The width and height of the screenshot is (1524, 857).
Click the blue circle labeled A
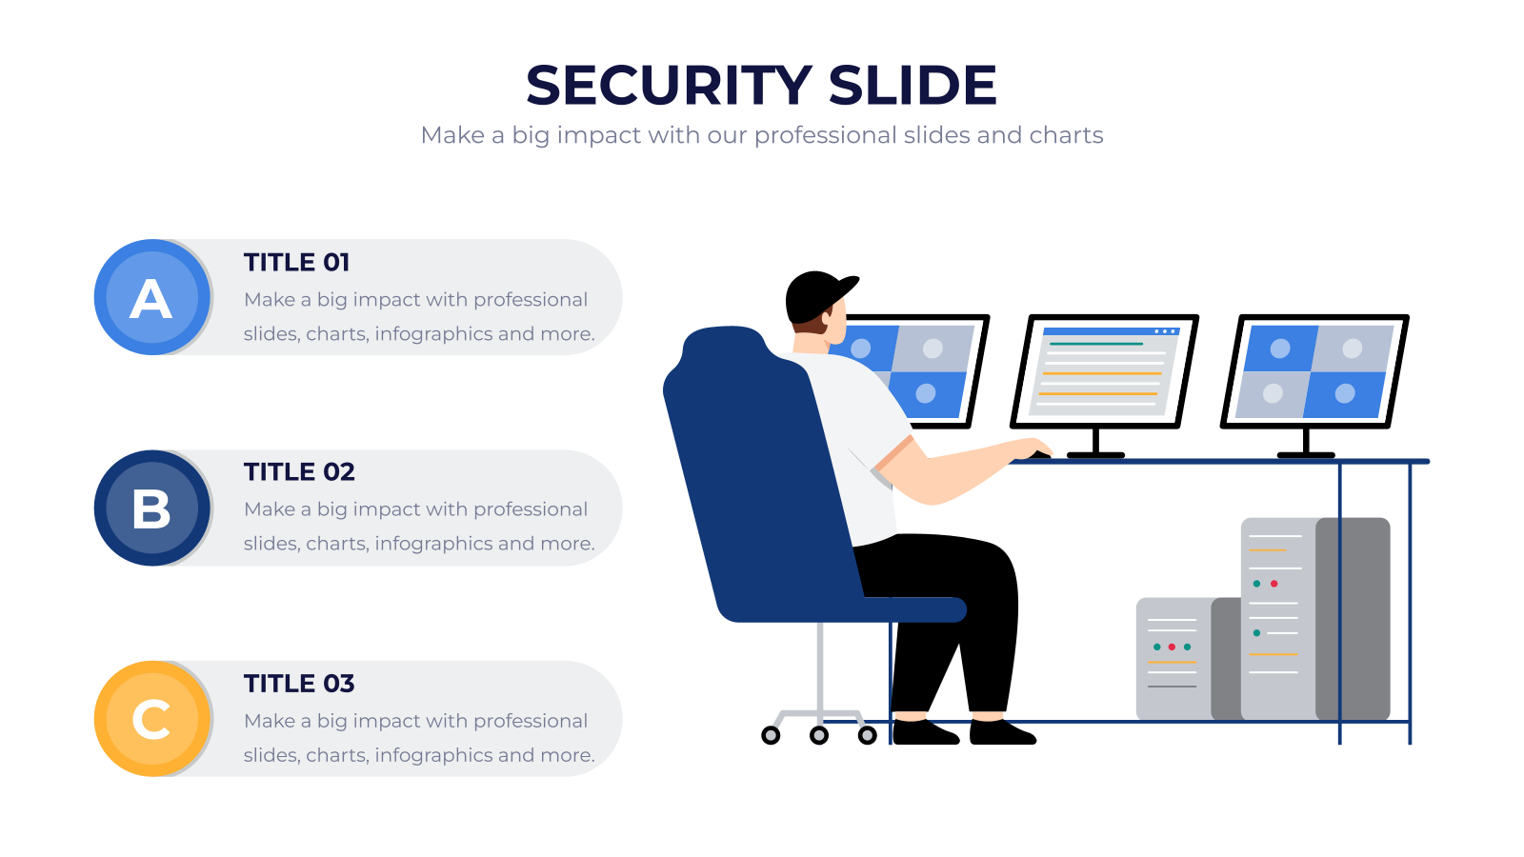pos(151,297)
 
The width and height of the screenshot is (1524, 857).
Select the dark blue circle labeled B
pos(151,508)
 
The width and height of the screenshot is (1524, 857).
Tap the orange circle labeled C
pos(151,719)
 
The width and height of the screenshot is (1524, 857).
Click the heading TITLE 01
pos(296,263)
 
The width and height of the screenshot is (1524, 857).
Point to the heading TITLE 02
pos(299,472)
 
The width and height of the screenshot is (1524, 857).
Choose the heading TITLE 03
pos(299,684)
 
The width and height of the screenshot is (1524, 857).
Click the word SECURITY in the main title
pos(670,86)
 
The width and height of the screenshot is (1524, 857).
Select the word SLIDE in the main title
pos(912,86)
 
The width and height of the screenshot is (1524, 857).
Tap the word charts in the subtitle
pos(1066,134)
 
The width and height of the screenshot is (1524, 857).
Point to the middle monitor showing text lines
pos(1104,371)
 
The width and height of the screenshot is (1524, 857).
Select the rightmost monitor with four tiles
pos(1314,371)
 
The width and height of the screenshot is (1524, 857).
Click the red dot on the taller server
pos(1274,584)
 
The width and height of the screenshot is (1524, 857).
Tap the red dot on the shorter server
pos(1172,647)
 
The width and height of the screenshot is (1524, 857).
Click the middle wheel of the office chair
pos(819,734)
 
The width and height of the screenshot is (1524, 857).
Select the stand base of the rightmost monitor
pos(1306,455)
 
